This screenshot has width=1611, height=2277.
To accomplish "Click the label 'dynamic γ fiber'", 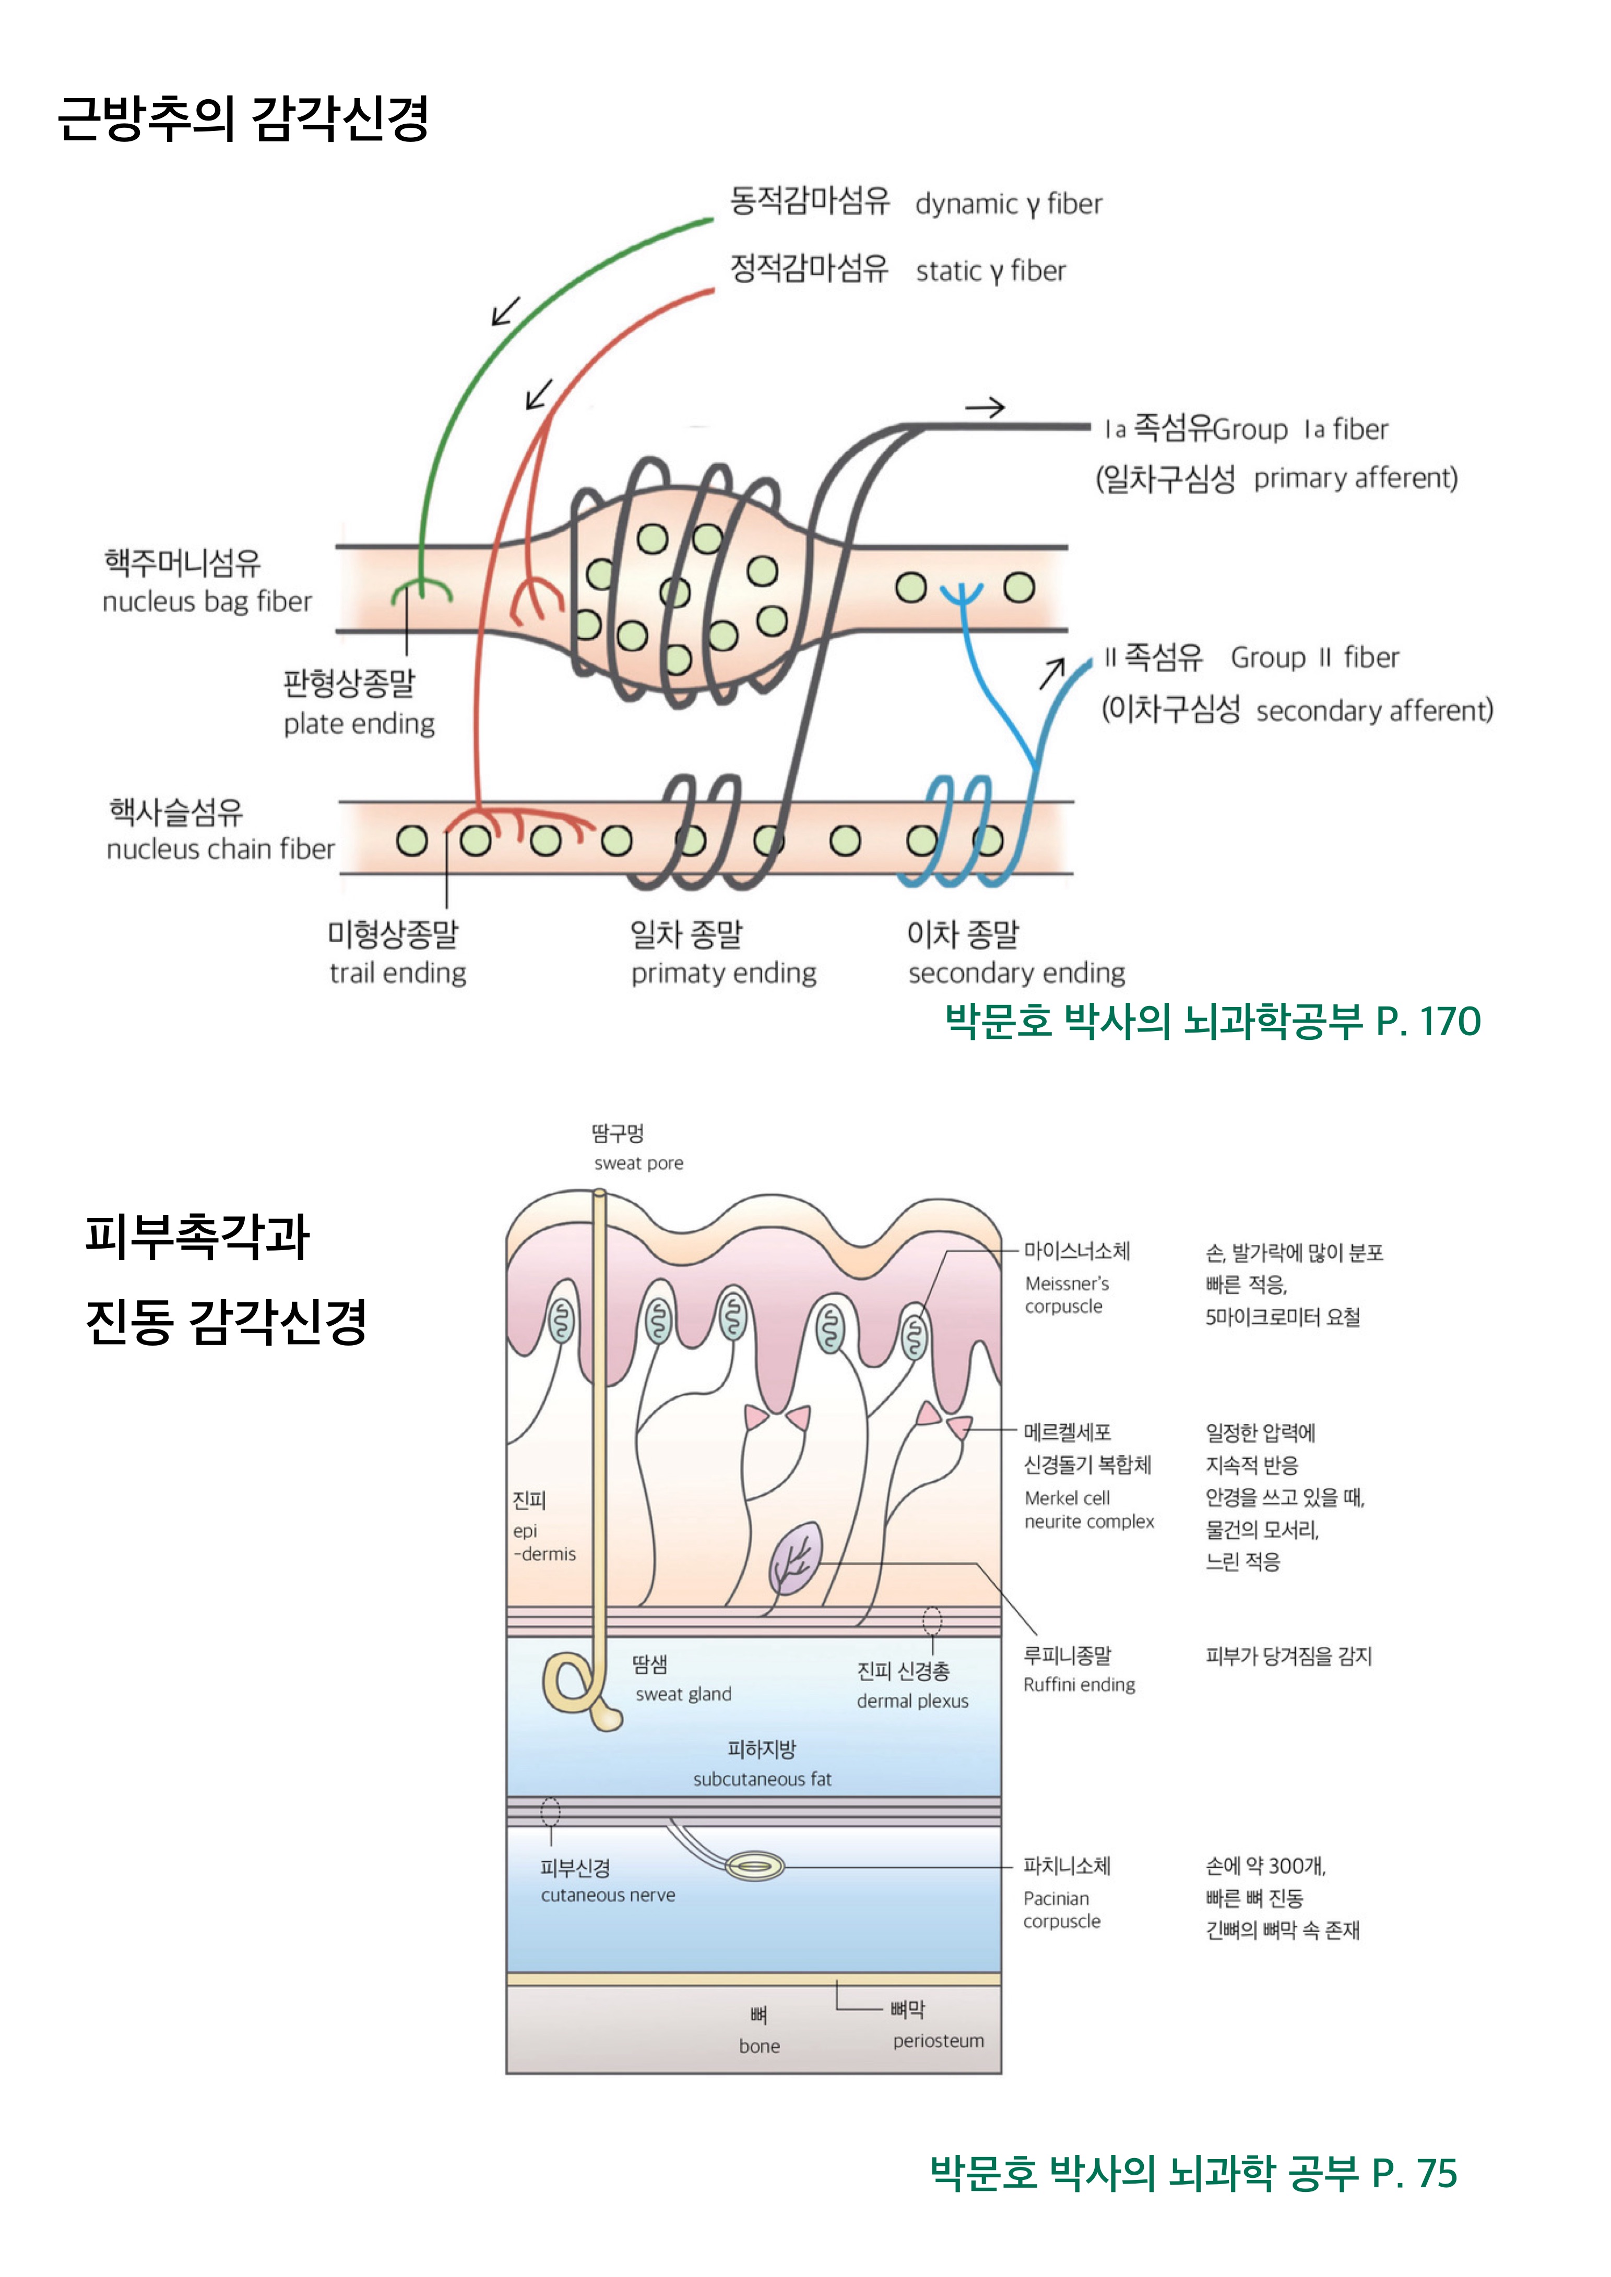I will click(x=1008, y=205).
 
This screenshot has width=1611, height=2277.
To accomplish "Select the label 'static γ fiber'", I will click(x=990, y=271).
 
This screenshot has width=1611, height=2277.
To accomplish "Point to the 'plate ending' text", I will click(x=359, y=724).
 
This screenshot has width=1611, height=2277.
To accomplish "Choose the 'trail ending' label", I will click(x=398, y=973).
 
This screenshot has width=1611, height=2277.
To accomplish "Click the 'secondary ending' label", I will click(x=1017, y=973).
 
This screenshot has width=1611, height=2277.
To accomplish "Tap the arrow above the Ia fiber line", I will click(x=985, y=406).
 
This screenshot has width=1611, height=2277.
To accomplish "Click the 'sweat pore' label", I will click(x=639, y=1164).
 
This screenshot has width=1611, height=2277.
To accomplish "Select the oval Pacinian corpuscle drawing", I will click(x=755, y=1866).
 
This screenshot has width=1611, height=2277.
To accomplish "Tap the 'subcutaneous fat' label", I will click(x=762, y=1779).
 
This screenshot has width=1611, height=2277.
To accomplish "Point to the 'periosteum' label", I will click(x=938, y=2040).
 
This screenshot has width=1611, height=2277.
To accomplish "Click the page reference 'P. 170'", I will click(x=1427, y=1022).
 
